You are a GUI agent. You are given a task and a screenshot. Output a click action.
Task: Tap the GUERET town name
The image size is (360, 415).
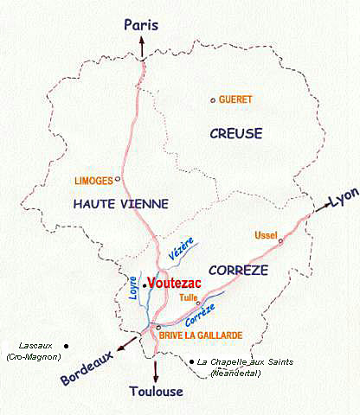click(235, 99)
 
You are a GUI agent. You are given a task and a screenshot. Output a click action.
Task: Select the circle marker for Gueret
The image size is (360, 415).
click(213, 100)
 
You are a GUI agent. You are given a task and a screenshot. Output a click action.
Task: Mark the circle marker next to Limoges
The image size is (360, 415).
click(118, 180)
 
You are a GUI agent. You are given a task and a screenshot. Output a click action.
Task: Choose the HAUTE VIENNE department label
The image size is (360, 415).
click(120, 202)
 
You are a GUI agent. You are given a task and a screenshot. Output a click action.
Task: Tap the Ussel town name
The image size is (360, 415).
click(266, 235)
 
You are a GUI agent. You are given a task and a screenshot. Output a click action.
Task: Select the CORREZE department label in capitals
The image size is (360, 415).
click(239, 270)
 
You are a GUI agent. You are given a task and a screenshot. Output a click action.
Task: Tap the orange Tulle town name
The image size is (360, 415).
click(188, 297)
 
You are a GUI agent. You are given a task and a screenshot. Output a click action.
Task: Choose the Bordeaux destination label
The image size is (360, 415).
click(87, 367)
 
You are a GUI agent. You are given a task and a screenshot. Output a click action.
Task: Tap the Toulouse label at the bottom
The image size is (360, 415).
click(156, 392)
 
